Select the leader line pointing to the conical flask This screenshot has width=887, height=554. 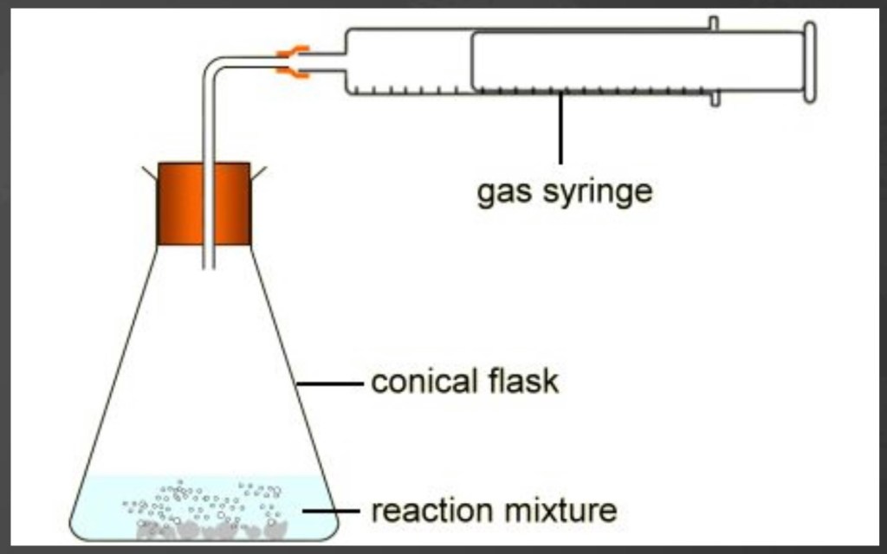point(330,383)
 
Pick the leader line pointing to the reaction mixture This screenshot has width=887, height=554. point(330,511)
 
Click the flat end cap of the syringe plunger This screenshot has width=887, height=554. point(809,61)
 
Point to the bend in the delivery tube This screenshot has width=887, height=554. point(213,66)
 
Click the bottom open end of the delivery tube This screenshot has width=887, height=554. point(209,265)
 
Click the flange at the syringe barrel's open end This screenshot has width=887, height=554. point(714,61)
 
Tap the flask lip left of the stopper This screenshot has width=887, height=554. point(149,173)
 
